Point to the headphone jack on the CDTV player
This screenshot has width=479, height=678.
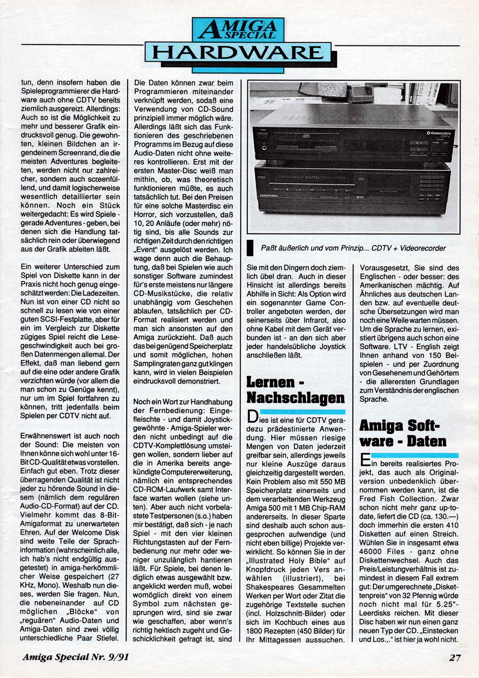[x=264, y=147]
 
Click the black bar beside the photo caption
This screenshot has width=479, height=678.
[x=250, y=248]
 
